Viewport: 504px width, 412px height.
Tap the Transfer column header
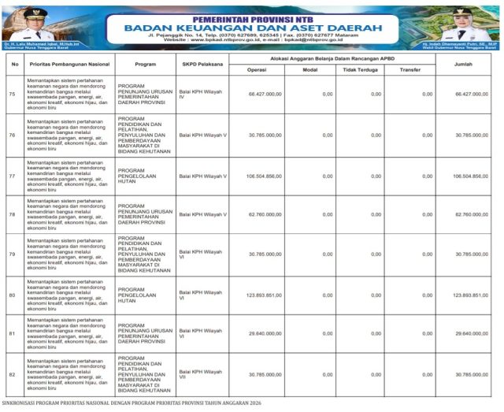[409, 69]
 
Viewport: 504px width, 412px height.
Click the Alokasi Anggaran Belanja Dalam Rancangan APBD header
[332, 58]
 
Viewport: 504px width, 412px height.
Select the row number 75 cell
[12, 94]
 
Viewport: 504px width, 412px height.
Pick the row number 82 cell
[12, 373]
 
